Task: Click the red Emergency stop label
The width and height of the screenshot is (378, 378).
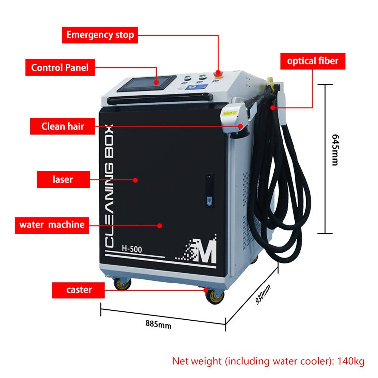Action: [100, 35]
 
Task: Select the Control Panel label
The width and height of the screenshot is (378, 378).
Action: [60, 67]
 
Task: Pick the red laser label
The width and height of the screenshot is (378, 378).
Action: [63, 179]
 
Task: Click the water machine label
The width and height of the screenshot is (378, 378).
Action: [52, 225]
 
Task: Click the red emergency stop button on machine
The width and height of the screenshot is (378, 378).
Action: [217, 74]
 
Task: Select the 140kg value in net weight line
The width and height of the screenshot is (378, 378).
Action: [351, 361]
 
